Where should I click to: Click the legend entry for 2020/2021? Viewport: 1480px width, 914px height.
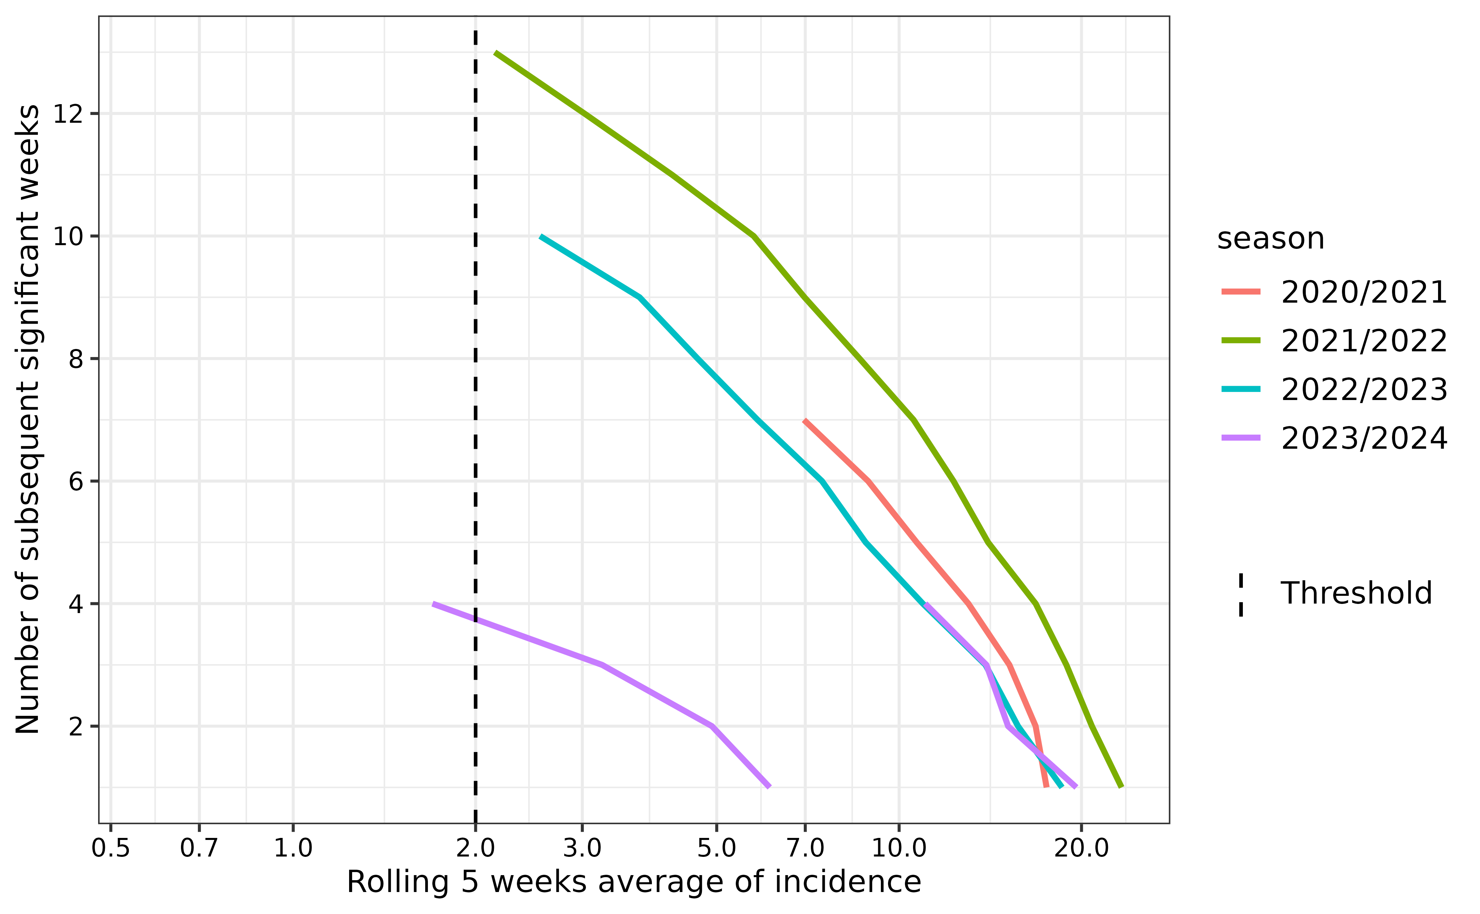pyautogui.click(x=1363, y=292)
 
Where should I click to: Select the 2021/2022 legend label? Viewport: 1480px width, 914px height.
pyautogui.click(x=1363, y=341)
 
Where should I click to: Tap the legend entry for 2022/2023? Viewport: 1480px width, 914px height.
pyautogui.click(x=1363, y=389)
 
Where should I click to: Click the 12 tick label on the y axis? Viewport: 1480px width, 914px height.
pyautogui.click(x=67, y=114)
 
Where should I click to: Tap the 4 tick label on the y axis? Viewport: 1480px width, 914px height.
pyautogui.click(x=75, y=604)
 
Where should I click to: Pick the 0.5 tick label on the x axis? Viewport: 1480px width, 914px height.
pyautogui.click(x=111, y=848)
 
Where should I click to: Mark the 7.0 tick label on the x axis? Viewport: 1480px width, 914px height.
pyautogui.click(x=805, y=848)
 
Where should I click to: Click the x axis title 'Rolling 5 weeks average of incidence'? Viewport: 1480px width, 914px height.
pyautogui.click(x=634, y=882)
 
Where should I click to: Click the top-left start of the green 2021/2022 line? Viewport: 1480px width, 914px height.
pyautogui.click(x=496, y=53)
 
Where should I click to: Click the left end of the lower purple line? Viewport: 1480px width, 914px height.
pyautogui.click(x=433, y=604)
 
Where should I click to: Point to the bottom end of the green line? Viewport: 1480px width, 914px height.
pyautogui.click(x=1121, y=787)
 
